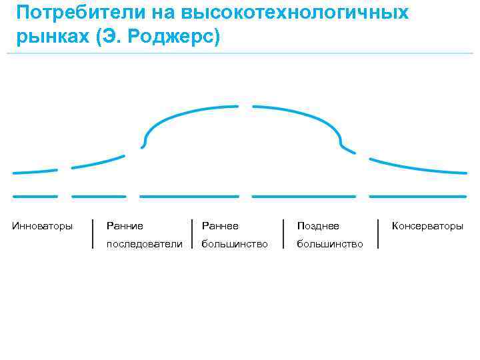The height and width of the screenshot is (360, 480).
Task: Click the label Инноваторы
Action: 43,226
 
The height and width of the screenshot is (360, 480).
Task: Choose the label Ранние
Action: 125,226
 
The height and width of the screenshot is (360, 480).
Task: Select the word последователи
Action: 144,244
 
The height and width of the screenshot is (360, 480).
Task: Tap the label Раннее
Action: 220,226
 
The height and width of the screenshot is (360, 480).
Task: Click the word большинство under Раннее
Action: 235,244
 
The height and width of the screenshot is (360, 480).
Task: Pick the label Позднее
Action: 318,226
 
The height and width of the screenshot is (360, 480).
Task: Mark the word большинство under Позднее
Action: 330,244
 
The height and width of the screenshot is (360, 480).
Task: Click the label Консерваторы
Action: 427,226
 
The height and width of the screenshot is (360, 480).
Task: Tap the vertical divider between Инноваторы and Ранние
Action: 91,233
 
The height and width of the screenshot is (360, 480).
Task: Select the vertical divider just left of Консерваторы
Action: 379,233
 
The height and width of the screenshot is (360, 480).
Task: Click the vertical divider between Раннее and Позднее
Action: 284,233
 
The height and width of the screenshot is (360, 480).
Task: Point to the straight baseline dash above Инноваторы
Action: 35,197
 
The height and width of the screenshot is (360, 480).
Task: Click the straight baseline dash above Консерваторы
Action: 417,197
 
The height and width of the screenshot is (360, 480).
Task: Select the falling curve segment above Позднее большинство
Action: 307,116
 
